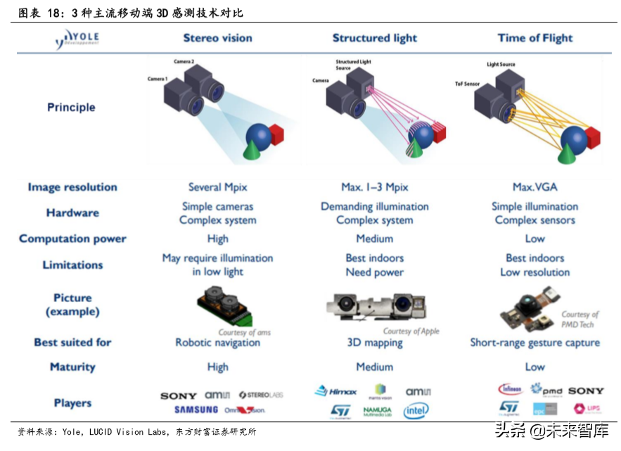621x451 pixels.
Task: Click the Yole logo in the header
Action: pyautogui.click(x=78, y=39)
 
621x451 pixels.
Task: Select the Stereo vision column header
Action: pyautogui.click(x=217, y=38)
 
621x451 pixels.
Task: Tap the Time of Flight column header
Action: pyautogui.click(x=535, y=38)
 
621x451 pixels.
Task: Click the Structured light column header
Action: pyautogui.click(x=375, y=38)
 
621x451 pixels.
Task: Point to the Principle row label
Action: pyautogui.click(x=71, y=107)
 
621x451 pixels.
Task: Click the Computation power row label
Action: pyautogui.click(x=72, y=239)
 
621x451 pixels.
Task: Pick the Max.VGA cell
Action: pyautogui.click(x=535, y=187)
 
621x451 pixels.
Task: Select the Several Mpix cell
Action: pyautogui.click(x=217, y=187)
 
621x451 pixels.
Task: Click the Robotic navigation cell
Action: pyautogui.click(x=217, y=343)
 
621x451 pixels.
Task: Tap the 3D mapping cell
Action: pyautogui.click(x=375, y=343)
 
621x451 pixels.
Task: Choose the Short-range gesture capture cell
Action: pyautogui.click(x=535, y=343)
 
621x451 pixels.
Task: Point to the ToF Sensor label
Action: pyautogui.click(x=467, y=83)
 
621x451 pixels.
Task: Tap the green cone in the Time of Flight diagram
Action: pyautogui.click(x=566, y=148)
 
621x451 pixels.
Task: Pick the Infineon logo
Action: pyautogui.click(x=510, y=389)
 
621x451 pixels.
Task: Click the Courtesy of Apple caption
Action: pyautogui.click(x=411, y=331)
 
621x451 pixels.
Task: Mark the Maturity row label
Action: pyautogui.click(x=72, y=367)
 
